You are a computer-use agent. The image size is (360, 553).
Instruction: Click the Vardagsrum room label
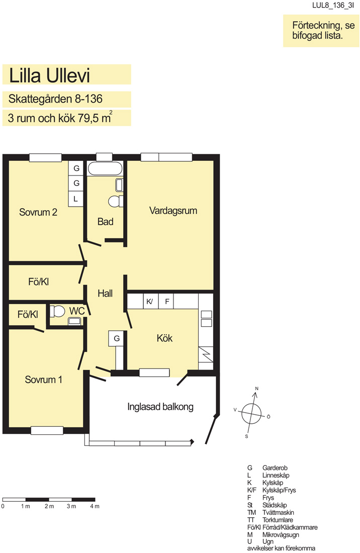coord(173,211)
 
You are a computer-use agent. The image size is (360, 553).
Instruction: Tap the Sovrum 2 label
coord(38,212)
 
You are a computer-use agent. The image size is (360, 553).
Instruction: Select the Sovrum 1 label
coord(43,380)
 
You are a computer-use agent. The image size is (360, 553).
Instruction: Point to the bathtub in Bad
coord(105,168)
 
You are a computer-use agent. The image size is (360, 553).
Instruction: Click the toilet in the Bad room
coord(116,202)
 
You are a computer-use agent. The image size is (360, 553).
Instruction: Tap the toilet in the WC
coord(57,311)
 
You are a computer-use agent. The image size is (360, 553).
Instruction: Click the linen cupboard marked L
coord(76,199)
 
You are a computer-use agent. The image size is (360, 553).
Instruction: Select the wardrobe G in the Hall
coord(117,338)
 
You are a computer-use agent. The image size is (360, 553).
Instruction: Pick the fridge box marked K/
coord(150,301)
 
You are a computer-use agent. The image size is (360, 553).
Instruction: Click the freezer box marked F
coord(166,301)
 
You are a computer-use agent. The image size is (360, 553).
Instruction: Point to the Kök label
coord(164,338)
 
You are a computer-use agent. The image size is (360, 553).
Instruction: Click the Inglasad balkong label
coord(160,407)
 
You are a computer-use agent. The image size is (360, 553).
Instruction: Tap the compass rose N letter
coord(257,389)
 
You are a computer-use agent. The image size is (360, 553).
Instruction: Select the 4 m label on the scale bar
coord(95,506)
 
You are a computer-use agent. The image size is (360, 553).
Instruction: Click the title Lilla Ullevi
coord(49,75)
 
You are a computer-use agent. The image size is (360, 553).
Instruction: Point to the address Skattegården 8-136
coord(55,99)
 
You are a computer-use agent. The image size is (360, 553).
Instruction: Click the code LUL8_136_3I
coord(333,6)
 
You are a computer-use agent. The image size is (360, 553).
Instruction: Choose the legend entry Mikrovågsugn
coord(281,535)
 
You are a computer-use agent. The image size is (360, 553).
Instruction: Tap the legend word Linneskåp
coord(276,476)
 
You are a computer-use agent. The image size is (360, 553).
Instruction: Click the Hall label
coord(105,294)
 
